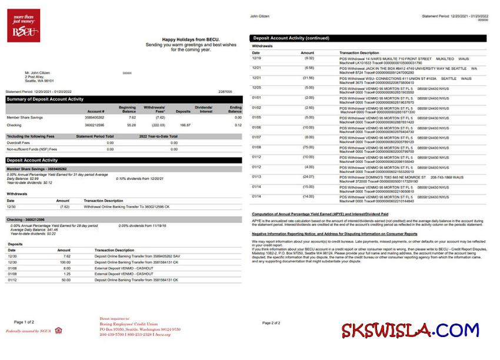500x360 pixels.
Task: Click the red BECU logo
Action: (24, 26)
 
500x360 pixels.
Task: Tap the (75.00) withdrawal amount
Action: (308, 147)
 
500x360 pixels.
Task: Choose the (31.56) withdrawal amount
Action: (308, 78)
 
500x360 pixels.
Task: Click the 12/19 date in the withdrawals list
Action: (256, 58)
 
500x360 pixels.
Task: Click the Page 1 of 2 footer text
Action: (24, 322)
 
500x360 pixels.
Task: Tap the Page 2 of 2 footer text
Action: (271, 323)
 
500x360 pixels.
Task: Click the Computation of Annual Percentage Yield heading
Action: (319, 214)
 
